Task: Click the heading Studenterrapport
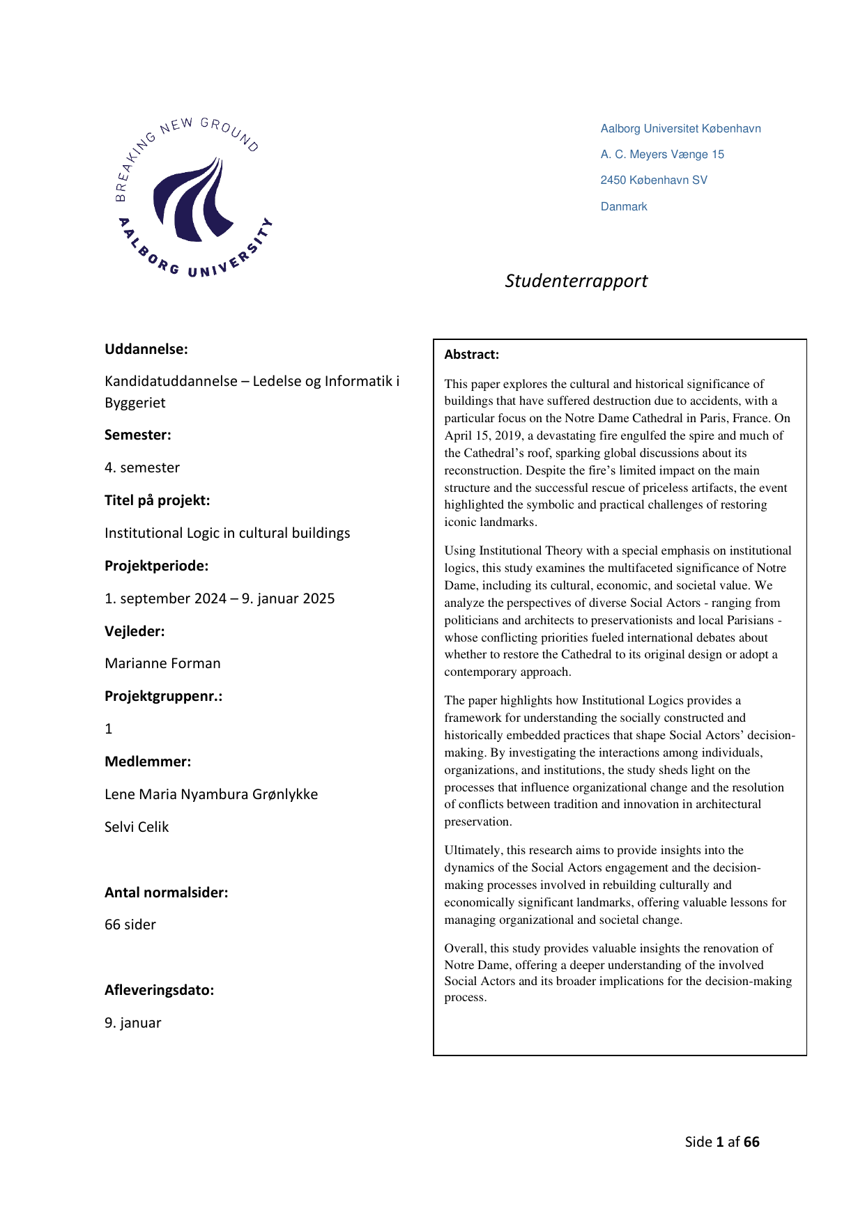click(576, 281)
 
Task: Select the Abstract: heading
click(471, 355)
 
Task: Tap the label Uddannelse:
click(146, 349)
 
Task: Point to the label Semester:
click(137, 435)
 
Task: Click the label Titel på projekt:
click(157, 500)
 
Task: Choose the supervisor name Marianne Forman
click(162, 663)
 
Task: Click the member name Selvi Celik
click(137, 827)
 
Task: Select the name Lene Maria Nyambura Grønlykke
click(211, 794)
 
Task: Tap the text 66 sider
click(130, 925)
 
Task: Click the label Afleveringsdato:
click(159, 990)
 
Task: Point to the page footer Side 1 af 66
click(721, 1142)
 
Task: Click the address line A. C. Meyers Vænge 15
click(662, 155)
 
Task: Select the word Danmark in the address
click(624, 207)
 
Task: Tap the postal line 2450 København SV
click(654, 180)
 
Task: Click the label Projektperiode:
click(156, 566)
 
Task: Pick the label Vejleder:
click(135, 631)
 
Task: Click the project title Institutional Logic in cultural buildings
click(227, 533)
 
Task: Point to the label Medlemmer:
click(147, 761)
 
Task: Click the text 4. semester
click(142, 467)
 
